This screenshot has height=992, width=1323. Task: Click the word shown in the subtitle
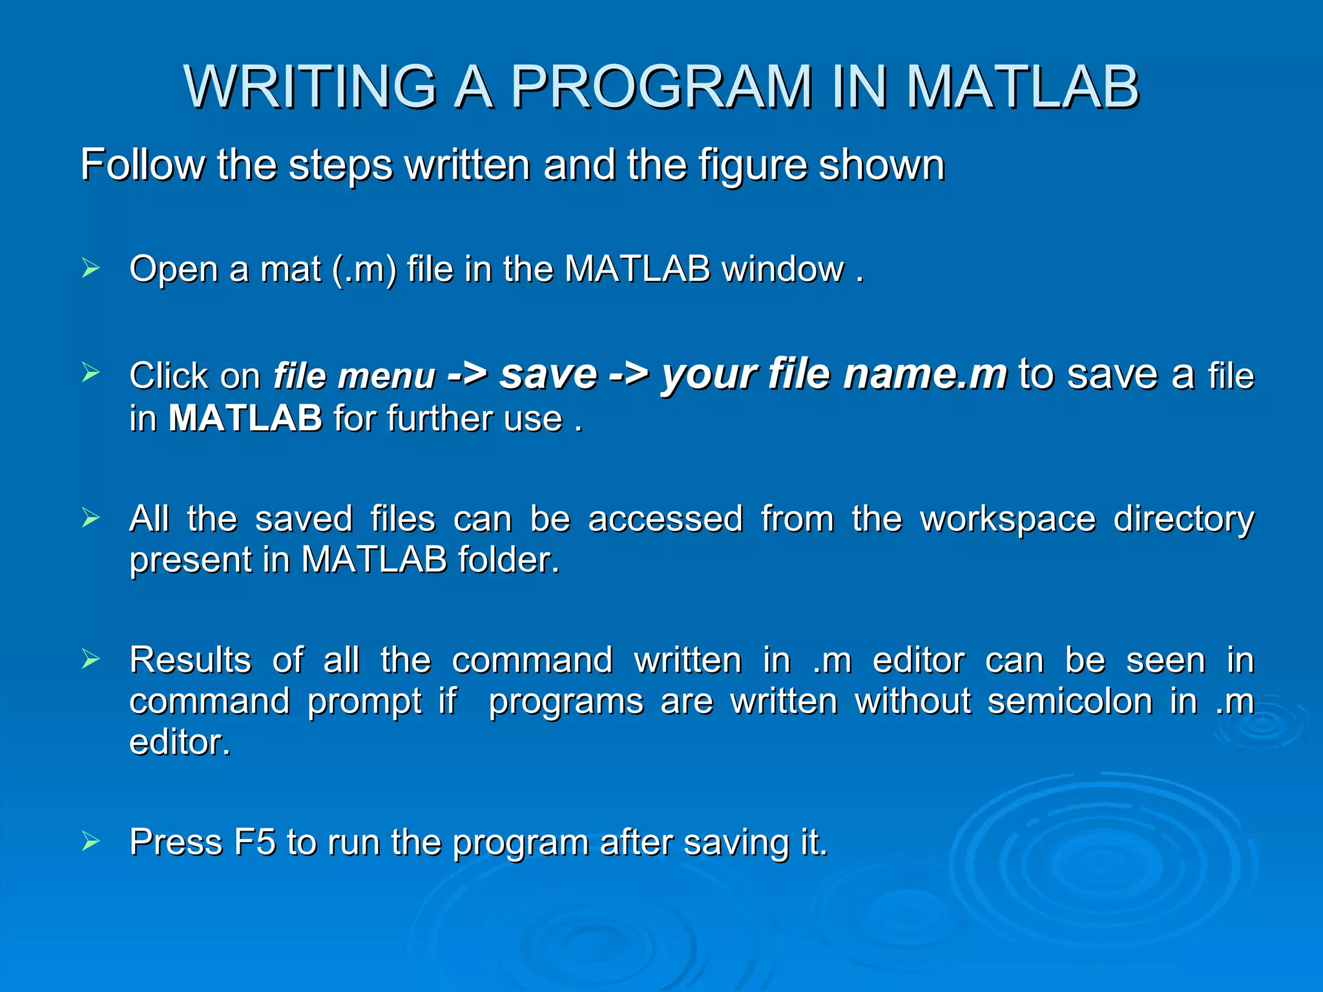coord(881,165)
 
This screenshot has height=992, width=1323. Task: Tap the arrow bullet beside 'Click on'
coord(90,373)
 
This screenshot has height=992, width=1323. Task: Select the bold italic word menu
coord(387,377)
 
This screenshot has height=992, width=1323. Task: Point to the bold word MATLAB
coord(245,418)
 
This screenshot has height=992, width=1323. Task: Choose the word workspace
coord(1008,519)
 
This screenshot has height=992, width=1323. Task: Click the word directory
coord(1183,519)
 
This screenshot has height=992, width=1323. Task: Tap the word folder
coord(508,559)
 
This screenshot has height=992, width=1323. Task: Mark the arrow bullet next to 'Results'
coord(90,659)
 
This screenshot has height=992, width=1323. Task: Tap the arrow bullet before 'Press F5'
coord(90,841)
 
